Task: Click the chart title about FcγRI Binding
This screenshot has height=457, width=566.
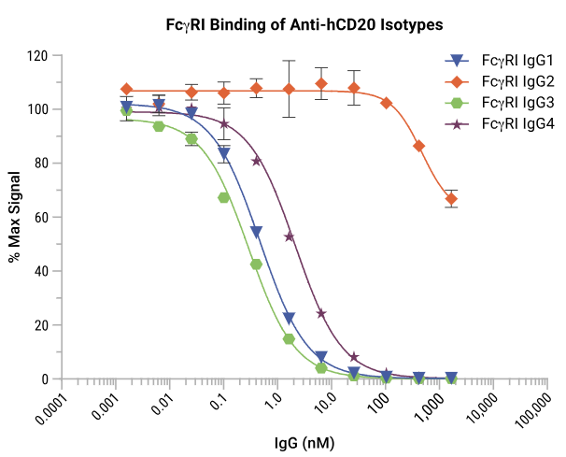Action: pyautogui.click(x=283, y=23)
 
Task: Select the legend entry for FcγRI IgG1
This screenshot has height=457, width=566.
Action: pyautogui.click(x=504, y=61)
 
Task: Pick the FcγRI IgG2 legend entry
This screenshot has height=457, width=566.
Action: pyautogui.click(x=504, y=81)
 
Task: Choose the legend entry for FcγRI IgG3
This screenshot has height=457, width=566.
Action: pyautogui.click(x=504, y=102)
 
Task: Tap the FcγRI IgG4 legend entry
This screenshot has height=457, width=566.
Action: pyautogui.click(x=504, y=122)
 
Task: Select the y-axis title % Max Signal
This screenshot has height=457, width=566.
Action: pyautogui.click(x=16, y=217)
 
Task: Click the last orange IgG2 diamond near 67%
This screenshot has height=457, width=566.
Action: pyautogui.click(x=452, y=199)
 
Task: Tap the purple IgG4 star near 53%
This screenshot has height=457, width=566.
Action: pyautogui.click(x=290, y=236)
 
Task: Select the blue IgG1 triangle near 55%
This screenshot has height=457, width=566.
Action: pyautogui.click(x=257, y=232)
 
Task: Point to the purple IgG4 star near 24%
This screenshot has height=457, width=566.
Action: pyautogui.click(x=322, y=314)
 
